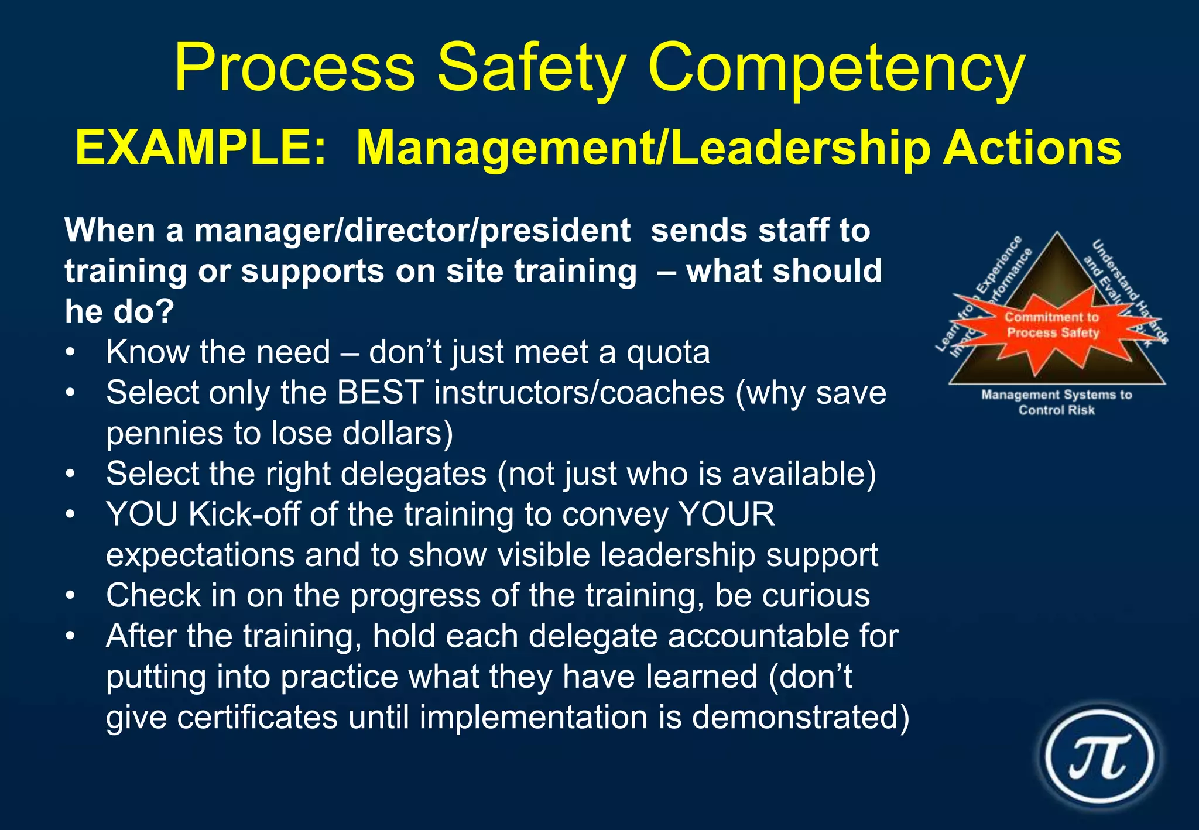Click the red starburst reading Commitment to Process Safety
[1052, 325]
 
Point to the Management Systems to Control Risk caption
[1056, 402]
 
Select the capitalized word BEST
[381, 393]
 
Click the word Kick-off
[244, 515]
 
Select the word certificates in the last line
[257, 718]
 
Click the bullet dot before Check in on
[70, 596]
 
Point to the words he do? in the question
[119, 311]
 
